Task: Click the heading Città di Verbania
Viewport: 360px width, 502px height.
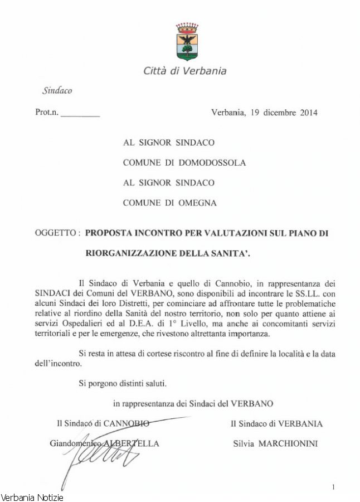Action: tap(185, 71)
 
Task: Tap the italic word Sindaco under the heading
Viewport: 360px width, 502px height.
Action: tap(57, 90)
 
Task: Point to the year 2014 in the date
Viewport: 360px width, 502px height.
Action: tap(309, 112)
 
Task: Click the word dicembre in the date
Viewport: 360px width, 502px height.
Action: tap(280, 112)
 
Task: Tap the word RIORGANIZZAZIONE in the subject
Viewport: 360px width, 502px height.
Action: tap(129, 254)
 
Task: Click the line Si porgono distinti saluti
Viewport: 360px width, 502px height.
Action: tap(122, 383)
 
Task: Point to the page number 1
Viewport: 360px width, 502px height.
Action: tap(333, 487)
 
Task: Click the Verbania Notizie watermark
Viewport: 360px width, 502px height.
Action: tap(32, 497)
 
